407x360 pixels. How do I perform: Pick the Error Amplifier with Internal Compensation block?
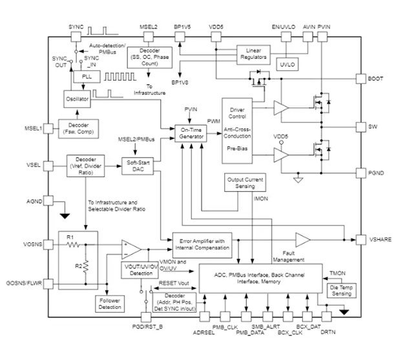pyautogui.click(x=201, y=244)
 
